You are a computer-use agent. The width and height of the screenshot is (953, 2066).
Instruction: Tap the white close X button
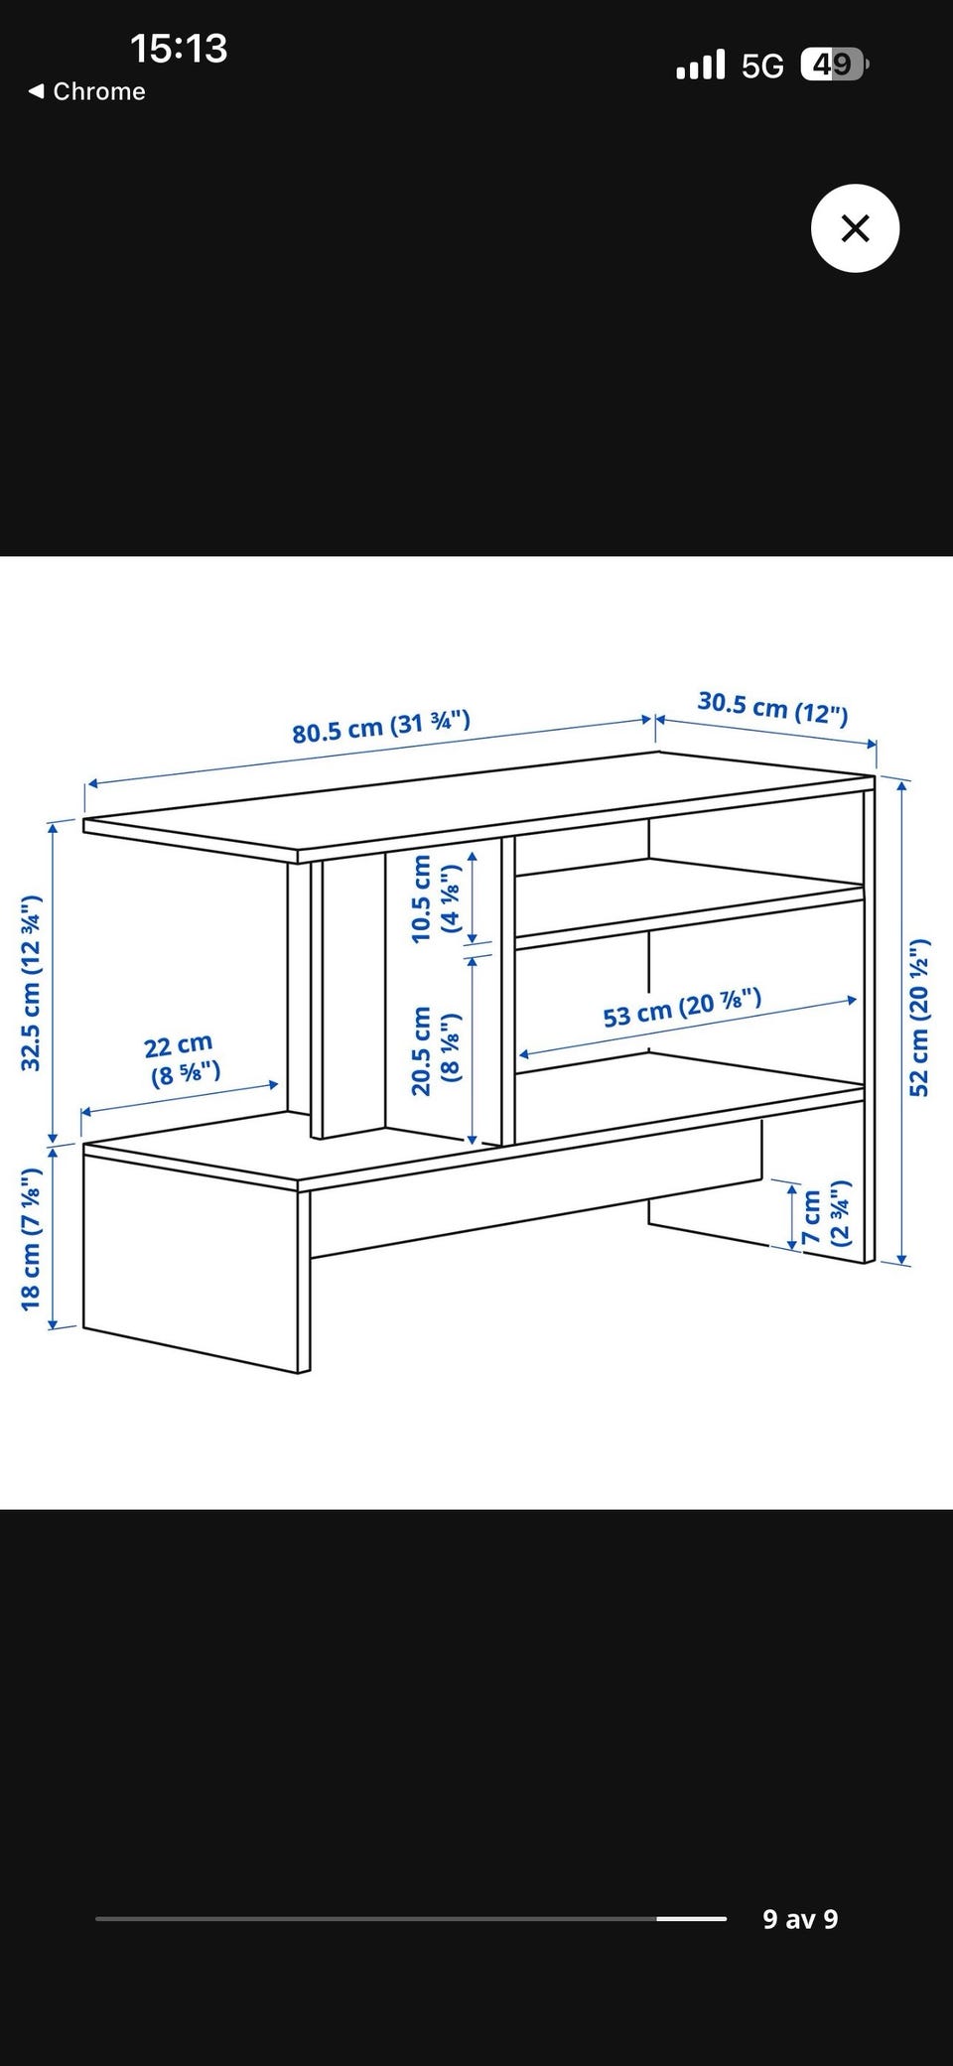point(855,228)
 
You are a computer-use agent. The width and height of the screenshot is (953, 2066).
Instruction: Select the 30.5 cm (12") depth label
point(773,707)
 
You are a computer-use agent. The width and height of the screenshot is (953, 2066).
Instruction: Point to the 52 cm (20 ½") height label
point(919,1017)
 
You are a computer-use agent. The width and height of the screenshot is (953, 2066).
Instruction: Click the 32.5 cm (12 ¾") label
point(32,983)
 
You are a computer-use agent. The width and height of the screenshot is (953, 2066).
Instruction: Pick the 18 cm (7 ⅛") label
point(31,1239)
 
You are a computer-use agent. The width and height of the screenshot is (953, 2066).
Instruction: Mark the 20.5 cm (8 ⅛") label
point(436,1050)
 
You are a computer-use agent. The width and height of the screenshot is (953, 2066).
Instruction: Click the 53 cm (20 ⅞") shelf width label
point(682,1008)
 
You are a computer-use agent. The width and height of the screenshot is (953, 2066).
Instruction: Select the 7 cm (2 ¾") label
point(826,1214)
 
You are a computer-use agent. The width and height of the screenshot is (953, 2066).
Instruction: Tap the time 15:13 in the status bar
point(179,48)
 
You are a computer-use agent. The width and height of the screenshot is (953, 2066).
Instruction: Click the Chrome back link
point(86,91)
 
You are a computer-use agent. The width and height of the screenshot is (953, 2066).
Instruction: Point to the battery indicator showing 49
point(835,65)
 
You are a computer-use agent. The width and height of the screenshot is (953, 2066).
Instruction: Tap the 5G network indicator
point(762,66)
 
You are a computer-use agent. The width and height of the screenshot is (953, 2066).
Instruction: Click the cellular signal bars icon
point(701,65)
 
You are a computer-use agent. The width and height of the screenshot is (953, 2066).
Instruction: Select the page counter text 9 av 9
point(800,1919)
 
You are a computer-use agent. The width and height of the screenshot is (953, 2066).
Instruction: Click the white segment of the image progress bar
point(692,1919)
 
